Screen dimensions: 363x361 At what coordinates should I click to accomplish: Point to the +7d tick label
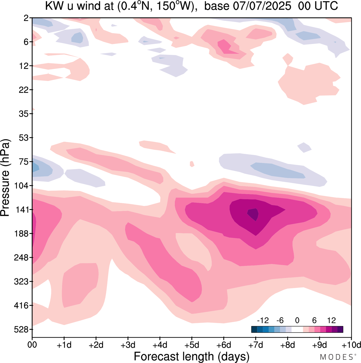pos(256,345)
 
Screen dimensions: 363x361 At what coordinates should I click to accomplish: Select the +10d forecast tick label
pos(351,345)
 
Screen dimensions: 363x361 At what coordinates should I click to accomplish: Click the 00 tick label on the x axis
pos(32,345)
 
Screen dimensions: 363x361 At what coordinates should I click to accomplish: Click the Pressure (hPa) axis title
pos(6,178)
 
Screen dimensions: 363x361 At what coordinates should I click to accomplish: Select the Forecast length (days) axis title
pos(191,356)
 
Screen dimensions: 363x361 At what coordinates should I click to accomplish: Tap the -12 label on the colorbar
pos(263,321)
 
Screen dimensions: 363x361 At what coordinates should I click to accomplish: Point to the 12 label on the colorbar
pos(332,321)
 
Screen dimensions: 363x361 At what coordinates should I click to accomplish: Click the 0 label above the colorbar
pos(297,321)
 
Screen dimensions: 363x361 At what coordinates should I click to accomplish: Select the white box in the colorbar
pos(297,329)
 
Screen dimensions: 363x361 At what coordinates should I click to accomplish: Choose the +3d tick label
pos(128,345)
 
